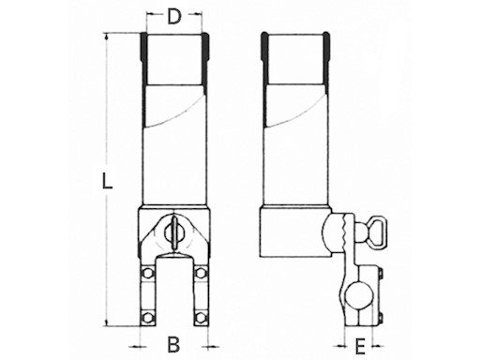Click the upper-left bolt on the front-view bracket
pos(146,273)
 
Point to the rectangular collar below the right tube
pos(295,232)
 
